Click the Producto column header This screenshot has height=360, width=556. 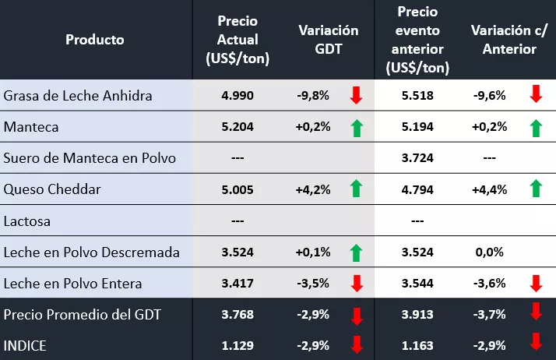tap(95, 40)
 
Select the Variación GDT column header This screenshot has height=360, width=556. tap(329, 40)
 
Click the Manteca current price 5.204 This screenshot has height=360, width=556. tap(237, 127)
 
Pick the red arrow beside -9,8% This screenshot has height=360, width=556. tap(356, 96)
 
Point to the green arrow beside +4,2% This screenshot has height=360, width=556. tap(356, 189)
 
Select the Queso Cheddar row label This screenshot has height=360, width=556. tap(52, 189)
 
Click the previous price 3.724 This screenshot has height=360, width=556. tap(417, 158)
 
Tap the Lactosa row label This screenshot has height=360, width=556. tap(27, 221)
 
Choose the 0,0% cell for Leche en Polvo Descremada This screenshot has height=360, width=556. tap(488, 252)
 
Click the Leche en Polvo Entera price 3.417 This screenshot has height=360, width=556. tap(237, 283)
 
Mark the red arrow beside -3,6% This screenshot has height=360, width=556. tap(535, 283)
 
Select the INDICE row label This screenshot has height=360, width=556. tap(25, 344)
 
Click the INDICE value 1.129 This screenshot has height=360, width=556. tap(237, 344)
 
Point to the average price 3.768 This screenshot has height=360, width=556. tap(237, 314)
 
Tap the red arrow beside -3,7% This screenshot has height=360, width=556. tap(535, 313)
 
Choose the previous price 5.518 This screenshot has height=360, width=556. tap(417, 96)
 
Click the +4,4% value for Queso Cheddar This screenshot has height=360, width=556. tap(490, 189)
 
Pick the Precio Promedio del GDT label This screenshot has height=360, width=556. tap(82, 314)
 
